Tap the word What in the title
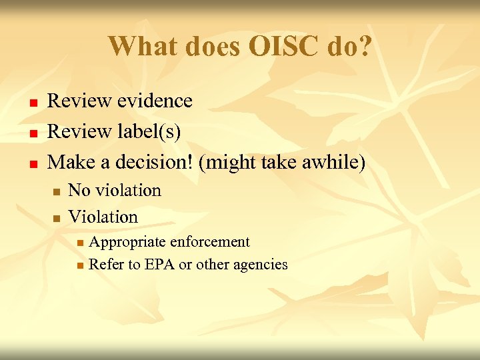click(x=139, y=46)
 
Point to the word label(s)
click(x=150, y=131)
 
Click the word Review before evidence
click(x=80, y=101)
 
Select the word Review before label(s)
click(x=80, y=131)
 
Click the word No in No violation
click(x=79, y=191)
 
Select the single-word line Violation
click(x=103, y=217)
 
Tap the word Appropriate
click(x=127, y=242)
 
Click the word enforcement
click(x=209, y=242)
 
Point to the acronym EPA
click(x=159, y=265)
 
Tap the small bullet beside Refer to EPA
click(x=80, y=266)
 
